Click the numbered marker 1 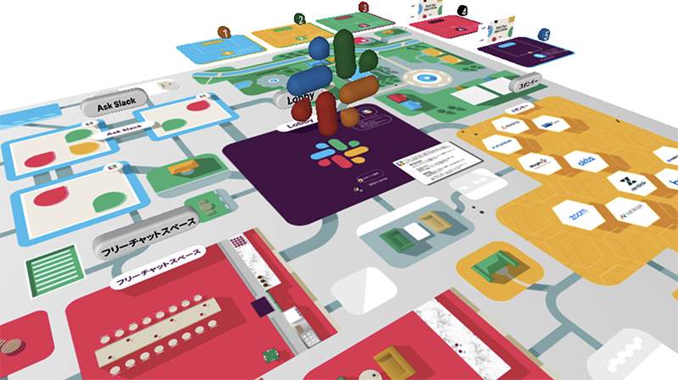click(224, 32)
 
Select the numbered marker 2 click(299, 18)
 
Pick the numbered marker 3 click(363, 7)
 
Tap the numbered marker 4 click(462, 11)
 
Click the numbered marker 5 click(544, 35)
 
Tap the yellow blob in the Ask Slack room click(83, 148)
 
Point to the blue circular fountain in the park click(421, 79)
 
